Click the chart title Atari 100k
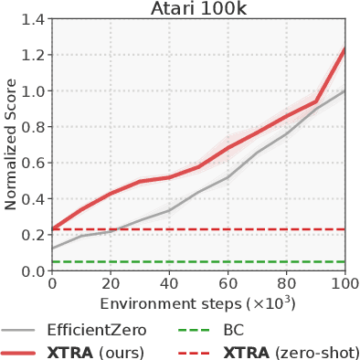coord(198,9)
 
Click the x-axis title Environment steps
coord(197,302)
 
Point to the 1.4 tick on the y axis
coord(33,19)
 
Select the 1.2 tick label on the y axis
coord(33,55)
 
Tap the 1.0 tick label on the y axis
coord(33,91)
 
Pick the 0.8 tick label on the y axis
coord(33,127)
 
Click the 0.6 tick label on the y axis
coord(33,164)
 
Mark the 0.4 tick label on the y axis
coord(33,199)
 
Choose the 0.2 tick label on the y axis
coord(33,235)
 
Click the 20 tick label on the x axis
coord(111,285)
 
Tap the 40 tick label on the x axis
coord(169,285)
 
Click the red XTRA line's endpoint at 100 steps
coord(344,48)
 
